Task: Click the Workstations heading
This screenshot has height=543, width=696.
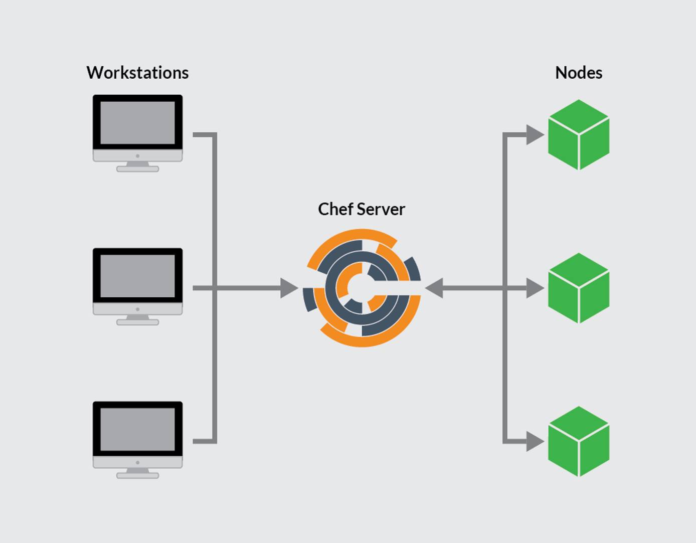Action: click(137, 73)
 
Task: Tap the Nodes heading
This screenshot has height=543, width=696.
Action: click(578, 73)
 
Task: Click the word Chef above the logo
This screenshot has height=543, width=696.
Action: click(335, 209)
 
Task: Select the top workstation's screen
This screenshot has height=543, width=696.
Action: click(137, 122)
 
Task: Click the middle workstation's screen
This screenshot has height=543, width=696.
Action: click(137, 276)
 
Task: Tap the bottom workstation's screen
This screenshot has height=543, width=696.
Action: click(137, 429)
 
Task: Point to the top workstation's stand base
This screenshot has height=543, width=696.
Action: click(137, 169)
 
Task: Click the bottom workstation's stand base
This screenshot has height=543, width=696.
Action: click(137, 475)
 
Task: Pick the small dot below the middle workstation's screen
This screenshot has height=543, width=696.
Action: click(137, 309)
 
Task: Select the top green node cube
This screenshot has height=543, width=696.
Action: click(579, 134)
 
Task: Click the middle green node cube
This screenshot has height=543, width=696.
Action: click(579, 288)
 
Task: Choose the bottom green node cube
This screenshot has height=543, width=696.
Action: click(579, 441)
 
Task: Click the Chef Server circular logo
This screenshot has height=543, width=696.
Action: click(362, 288)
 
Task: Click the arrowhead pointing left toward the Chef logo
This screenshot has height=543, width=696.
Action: click(434, 288)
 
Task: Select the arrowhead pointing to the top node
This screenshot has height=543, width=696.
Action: click(535, 134)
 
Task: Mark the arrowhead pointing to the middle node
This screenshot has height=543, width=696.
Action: click(535, 288)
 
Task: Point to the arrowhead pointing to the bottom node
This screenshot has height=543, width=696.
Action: click(535, 441)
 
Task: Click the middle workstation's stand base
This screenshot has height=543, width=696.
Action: click(137, 322)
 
